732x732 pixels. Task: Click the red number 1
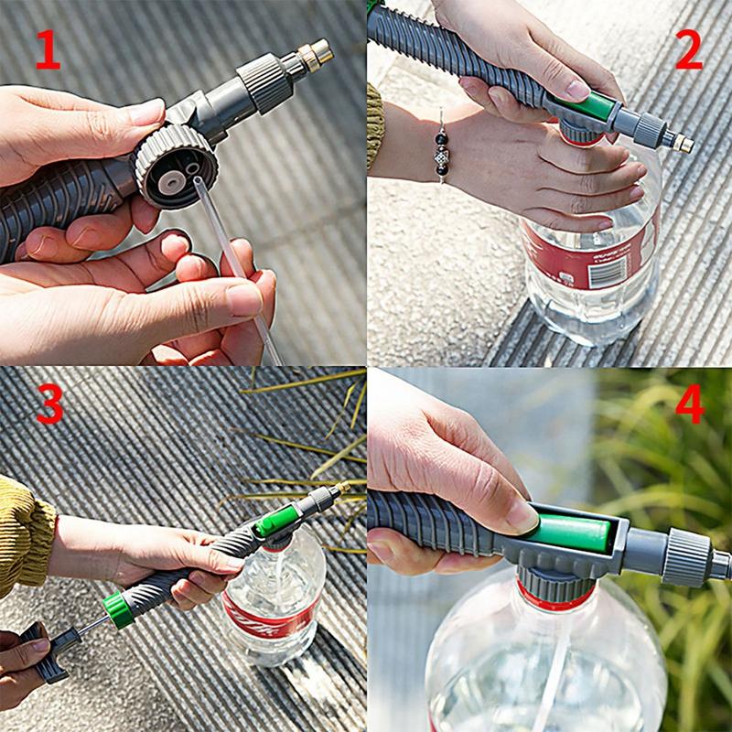click(x=48, y=51)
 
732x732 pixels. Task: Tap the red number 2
click(x=688, y=50)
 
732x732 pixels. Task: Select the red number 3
click(x=49, y=405)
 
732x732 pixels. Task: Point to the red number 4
click(x=688, y=404)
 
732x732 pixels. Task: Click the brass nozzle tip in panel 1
click(x=316, y=56)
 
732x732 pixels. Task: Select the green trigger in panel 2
click(x=590, y=108)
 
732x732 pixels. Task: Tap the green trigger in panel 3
click(x=274, y=522)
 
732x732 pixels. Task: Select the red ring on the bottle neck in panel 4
click(x=558, y=599)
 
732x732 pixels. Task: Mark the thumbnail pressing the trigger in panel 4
click(x=522, y=516)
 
